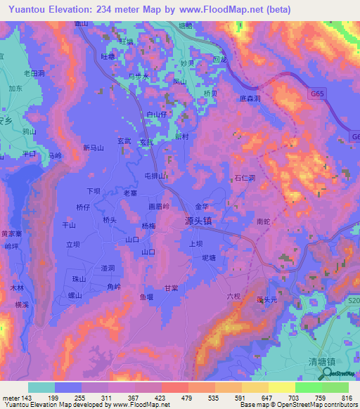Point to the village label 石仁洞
[x=244, y=178]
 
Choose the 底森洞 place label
[x=250, y=98]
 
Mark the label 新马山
[x=93, y=148]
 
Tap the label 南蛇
[x=264, y=221]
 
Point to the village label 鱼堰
[x=146, y=297]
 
